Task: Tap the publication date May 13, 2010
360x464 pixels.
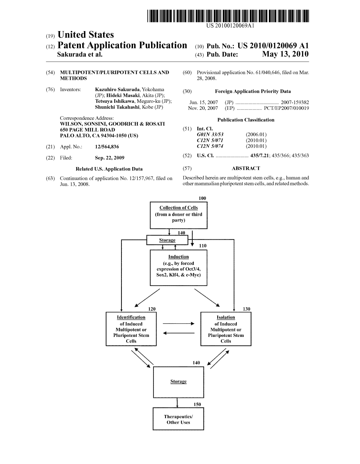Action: point(286,54)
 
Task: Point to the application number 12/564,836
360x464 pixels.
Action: point(107,147)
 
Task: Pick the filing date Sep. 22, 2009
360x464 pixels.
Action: point(109,158)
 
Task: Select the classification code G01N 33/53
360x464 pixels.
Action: point(210,135)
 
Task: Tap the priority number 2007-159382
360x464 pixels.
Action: point(295,102)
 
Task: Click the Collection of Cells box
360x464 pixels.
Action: point(179,215)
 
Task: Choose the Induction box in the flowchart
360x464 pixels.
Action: point(179,268)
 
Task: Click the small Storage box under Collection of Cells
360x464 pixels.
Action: point(167,240)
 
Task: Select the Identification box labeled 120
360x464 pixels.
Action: point(131,329)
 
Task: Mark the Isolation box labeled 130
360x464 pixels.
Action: point(226,329)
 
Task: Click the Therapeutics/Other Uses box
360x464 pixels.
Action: point(178,419)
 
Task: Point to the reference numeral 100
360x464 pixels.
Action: point(202,198)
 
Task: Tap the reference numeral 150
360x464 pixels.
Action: point(197,404)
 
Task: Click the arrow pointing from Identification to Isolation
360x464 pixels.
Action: point(178,323)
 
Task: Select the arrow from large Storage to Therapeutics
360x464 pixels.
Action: point(178,403)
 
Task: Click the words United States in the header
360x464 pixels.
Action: point(85,35)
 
